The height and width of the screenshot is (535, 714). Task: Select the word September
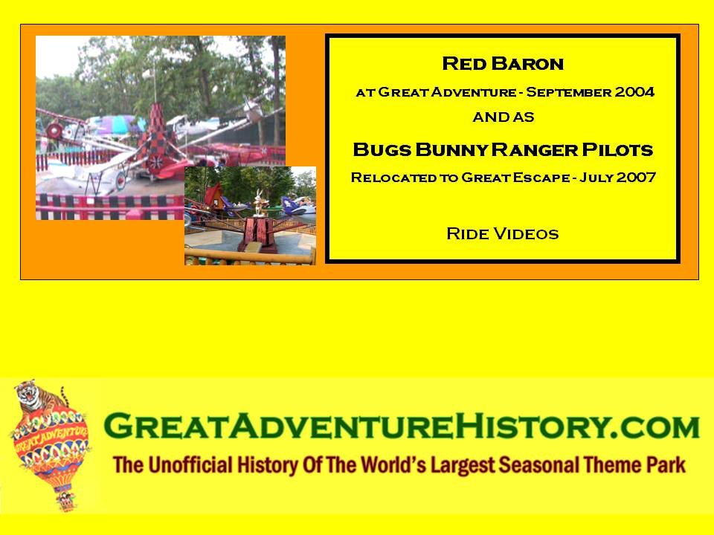[567, 92]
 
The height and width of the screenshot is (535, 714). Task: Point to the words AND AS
[504, 117]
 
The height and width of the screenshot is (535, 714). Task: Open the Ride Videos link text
[503, 234]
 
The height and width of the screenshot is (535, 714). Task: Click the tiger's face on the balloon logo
[28, 394]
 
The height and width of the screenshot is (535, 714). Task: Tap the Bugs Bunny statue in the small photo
[260, 203]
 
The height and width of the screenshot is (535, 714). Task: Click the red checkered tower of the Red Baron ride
[158, 137]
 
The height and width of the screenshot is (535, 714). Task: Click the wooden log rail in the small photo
[250, 256]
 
